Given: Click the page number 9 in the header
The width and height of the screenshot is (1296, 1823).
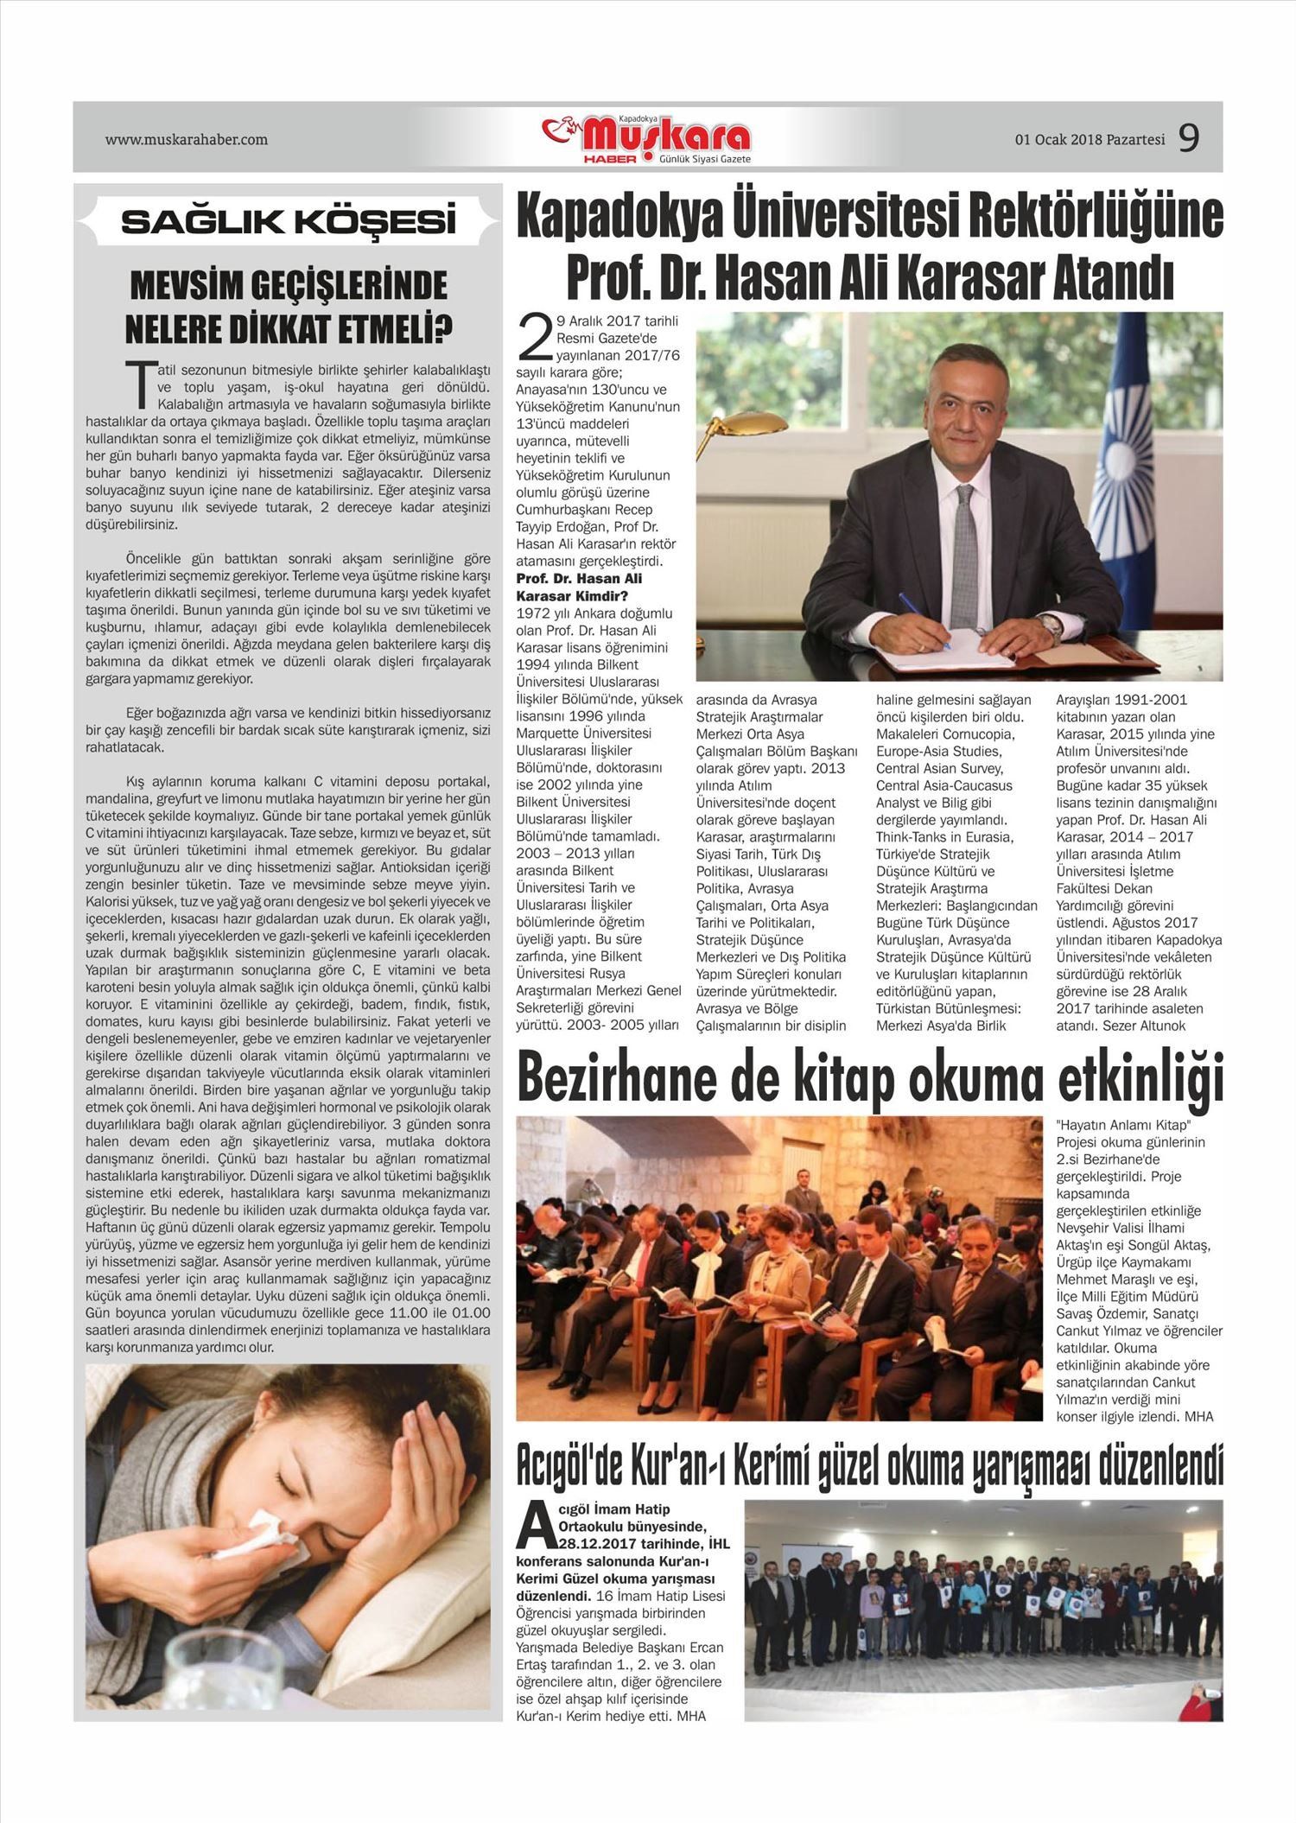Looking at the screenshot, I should tap(1189, 138).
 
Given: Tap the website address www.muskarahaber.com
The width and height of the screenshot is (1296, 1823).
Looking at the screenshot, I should tap(186, 139).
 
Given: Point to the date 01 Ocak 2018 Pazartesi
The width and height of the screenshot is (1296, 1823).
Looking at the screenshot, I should tap(1090, 139).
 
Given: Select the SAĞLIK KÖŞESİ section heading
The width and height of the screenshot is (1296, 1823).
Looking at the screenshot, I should tap(288, 222).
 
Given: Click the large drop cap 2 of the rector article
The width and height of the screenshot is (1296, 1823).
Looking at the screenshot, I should tap(534, 338).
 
